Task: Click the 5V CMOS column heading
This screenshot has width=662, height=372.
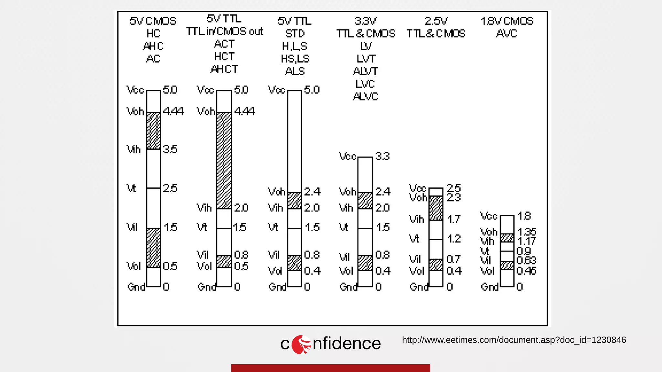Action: coord(153,21)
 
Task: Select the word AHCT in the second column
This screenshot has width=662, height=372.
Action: coord(224,69)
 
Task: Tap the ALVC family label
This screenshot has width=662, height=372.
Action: coord(365,97)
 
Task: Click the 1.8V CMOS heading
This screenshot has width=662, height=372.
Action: coord(507,21)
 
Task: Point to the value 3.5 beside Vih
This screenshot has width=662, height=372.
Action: coord(170,150)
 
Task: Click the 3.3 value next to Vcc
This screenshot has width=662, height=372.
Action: coord(383,157)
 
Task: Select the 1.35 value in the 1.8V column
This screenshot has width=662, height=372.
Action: coord(527,232)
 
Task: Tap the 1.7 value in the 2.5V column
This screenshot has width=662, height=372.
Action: coord(454,220)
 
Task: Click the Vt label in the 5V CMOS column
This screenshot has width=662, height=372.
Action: coord(131,188)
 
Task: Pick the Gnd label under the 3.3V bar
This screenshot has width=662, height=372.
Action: coord(348,287)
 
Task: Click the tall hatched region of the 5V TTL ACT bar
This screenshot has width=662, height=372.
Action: coord(224,160)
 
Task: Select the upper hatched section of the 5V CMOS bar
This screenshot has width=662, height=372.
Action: coord(154,131)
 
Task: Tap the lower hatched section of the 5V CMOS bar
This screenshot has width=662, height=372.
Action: coord(154,248)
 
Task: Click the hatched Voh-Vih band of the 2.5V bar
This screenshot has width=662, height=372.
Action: coord(436,208)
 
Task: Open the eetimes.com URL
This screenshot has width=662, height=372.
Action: coord(514,340)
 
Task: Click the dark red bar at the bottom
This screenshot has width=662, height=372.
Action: coord(330,368)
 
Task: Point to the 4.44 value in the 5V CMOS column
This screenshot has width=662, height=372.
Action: coord(173,112)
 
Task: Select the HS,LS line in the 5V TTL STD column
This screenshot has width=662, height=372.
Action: coord(295,59)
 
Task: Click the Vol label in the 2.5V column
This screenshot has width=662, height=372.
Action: coord(416,271)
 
